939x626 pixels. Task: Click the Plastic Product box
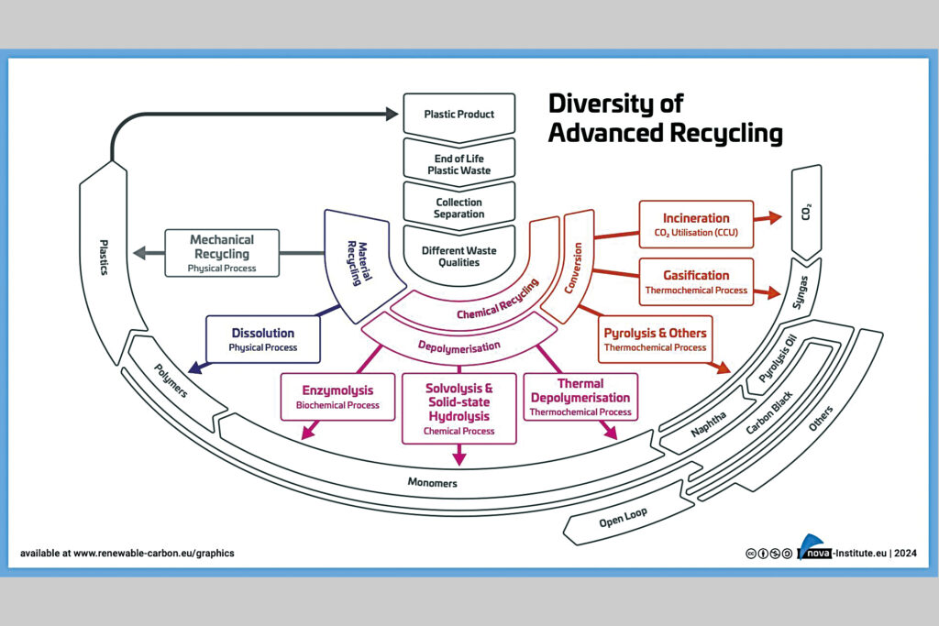pos(458,115)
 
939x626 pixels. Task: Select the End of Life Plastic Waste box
pos(458,164)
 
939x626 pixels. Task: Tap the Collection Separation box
pos(458,208)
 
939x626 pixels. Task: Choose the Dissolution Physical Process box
pos(263,340)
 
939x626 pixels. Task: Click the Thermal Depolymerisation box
pos(580,397)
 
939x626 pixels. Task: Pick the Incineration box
pos(696,225)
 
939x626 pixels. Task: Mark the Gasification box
pos(696,281)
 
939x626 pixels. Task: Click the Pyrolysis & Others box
pos(655,339)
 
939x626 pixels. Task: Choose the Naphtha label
pos(709,424)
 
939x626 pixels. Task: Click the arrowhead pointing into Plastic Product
pos(393,115)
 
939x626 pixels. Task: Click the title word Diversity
pos(615,103)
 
